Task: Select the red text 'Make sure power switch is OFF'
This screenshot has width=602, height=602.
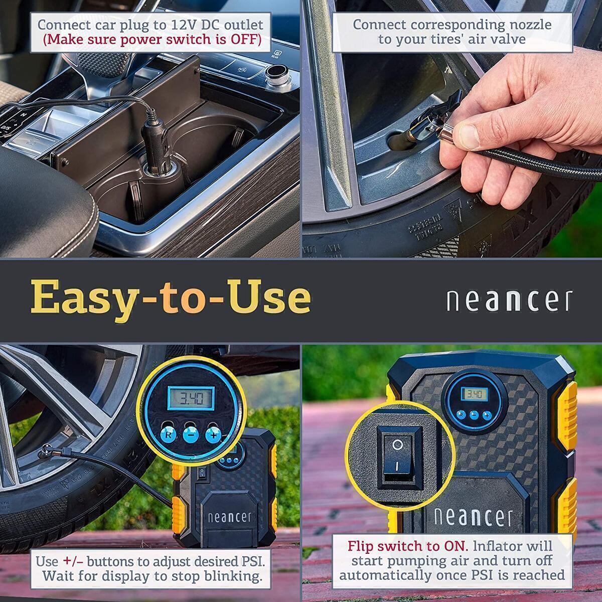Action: tap(152, 40)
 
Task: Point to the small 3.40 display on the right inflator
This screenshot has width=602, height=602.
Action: tap(474, 394)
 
